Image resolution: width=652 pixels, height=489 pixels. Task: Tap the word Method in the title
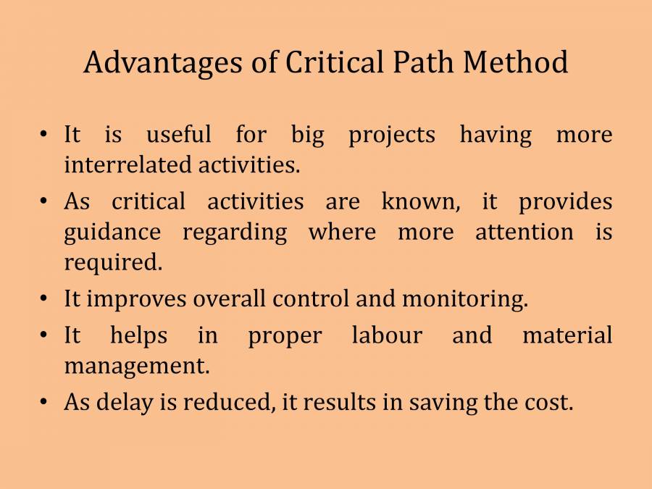click(x=516, y=63)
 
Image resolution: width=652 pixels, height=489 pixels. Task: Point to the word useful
click(x=179, y=135)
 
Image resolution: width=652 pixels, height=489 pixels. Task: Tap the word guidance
click(x=112, y=233)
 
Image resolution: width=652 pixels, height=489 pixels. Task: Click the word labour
click(x=385, y=335)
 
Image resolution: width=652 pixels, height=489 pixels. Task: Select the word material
click(x=567, y=335)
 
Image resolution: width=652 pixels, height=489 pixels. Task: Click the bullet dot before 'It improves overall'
click(x=44, y=298)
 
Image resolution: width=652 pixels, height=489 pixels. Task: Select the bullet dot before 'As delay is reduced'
click(x=44, y=402)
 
